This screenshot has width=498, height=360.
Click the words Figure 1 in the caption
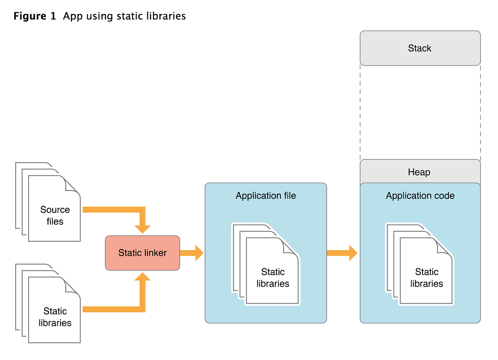(34, 17)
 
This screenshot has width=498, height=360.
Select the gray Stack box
(420, 48)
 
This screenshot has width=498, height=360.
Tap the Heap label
(419, 172)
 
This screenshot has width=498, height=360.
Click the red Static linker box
(142, 253)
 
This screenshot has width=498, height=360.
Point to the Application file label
(266, 196)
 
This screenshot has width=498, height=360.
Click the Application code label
(420, 196)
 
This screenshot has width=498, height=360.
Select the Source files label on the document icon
(55, 216)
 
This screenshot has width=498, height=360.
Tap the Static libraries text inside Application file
(273, 278)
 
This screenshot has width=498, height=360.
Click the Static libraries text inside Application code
(427, 278)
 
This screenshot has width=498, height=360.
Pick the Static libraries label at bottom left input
(55, 317)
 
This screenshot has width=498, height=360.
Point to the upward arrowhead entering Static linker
(142, 277)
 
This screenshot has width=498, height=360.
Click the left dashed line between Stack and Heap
(360, 112)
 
